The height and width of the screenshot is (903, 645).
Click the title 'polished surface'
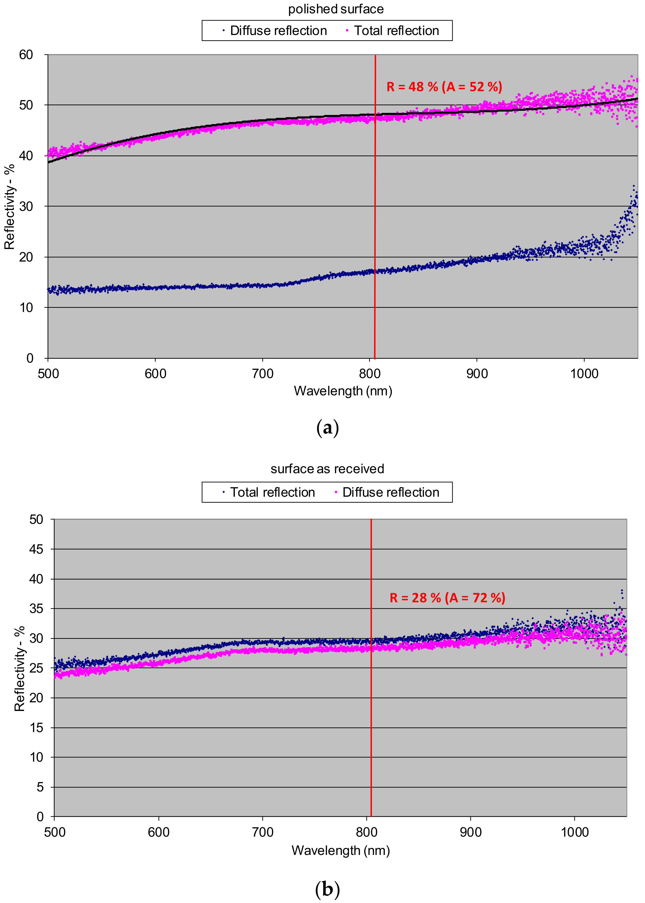click(x=336, y=9)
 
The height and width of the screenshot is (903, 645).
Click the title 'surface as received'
click(x=327, y=469)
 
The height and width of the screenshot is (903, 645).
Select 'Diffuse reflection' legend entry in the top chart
click(x=278, y=31)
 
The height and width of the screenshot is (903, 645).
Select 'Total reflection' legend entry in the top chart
click(x=396, y=31)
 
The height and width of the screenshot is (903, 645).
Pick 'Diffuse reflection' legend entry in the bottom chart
click(x=390, y=492)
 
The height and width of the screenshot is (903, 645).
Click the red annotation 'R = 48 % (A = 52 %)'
click(x=444, y=86)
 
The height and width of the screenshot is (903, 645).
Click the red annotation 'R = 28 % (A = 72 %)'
click(x=447, y=598)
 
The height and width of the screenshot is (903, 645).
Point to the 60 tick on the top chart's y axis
click(x=26, y=55)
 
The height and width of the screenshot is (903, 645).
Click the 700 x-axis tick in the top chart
click(x=263, y=374)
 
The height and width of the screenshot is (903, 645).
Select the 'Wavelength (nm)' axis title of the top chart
click(x=343, y=391)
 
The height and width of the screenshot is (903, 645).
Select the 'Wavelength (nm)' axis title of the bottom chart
click(x=340, y=850)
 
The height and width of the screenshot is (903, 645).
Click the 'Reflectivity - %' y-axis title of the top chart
click(x=9, y=207)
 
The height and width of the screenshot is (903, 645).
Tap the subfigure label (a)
click(x=327, y=428)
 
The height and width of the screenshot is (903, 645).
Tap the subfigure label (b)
click(x=327, y=889)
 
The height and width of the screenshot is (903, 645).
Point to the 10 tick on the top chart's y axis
click(x=26, y=308)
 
